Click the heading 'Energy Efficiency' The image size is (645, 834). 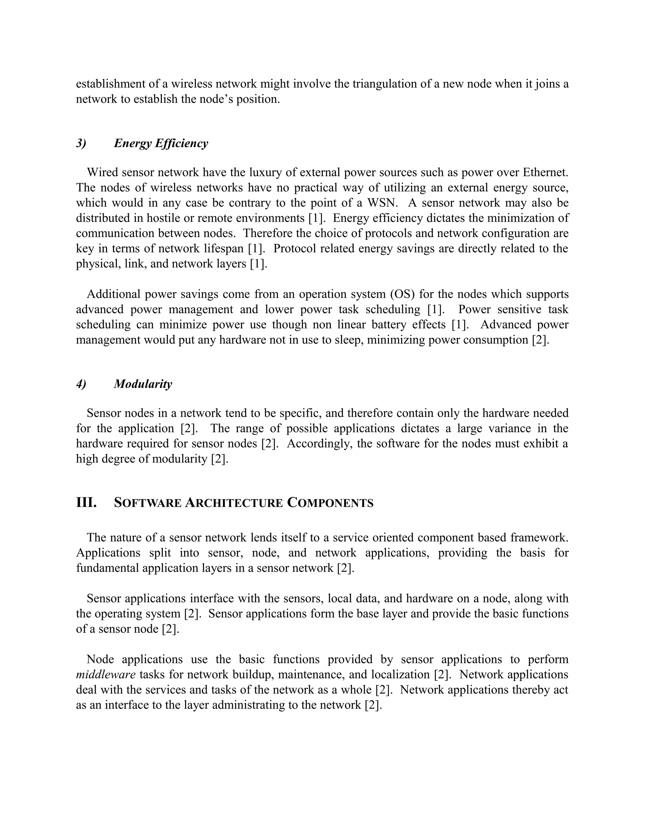click(161, 144)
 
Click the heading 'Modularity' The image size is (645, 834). click(143, 384)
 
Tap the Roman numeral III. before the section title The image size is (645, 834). click(86, 503)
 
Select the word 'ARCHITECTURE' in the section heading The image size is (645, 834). click(234, 503)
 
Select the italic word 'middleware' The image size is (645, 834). click(106, 674)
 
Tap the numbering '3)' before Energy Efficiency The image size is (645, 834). click(81, 144)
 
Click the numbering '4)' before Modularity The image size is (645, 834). click(81, 384)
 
